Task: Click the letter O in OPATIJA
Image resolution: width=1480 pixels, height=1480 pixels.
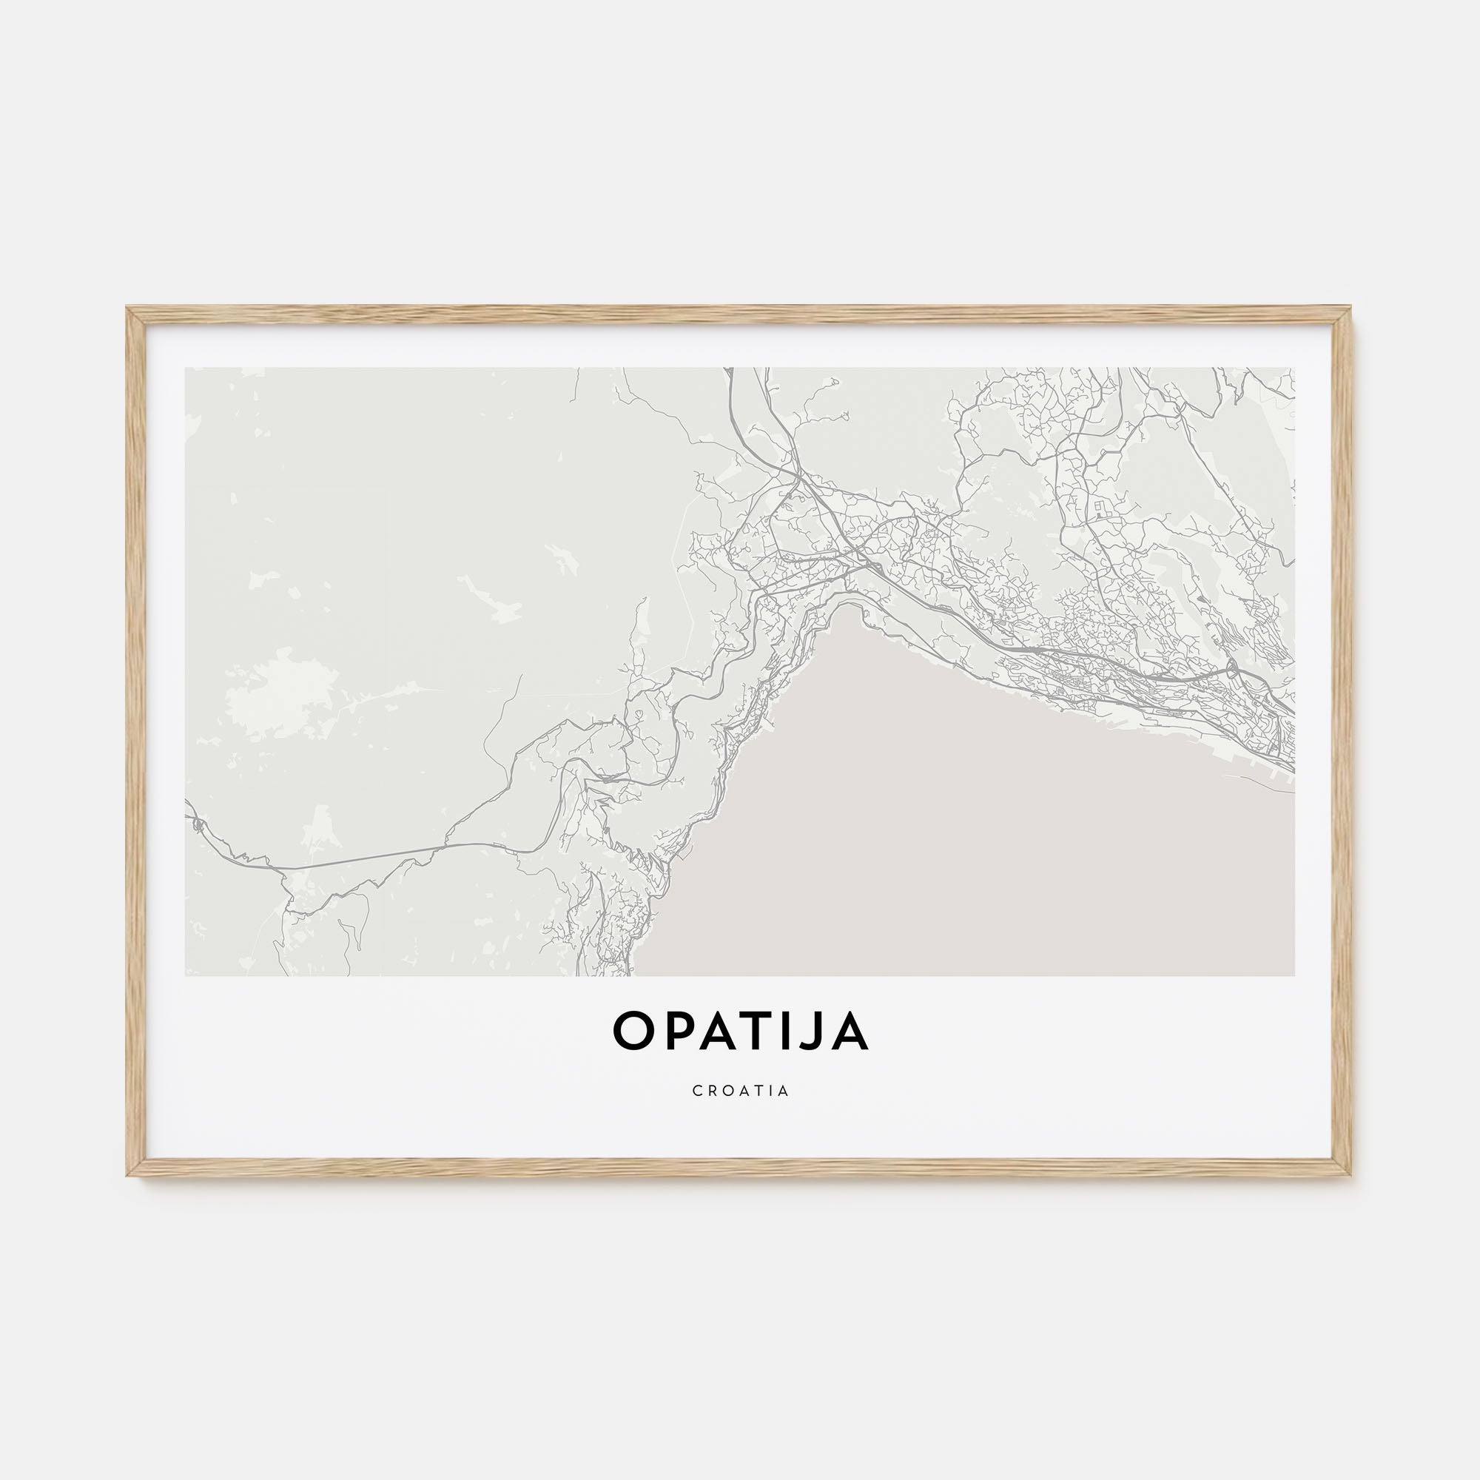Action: pyautogui.click(x=631, y=1030)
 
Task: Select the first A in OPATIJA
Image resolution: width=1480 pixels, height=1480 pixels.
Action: pyautogui.click(x=716, y=1030)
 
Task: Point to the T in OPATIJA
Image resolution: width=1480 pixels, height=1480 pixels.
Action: pyautogui.click(x=758, y=1030)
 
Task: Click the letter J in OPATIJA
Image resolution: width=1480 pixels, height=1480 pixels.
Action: pyautogui.click(x=814, y=1030)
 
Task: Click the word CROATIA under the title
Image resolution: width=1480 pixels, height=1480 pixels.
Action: pyautogui.click(x=740, y=1091)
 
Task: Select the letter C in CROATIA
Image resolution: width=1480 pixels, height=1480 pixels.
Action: pyautogui.click(x=696, y=1091)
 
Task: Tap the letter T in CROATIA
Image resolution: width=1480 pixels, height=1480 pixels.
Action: pyautogui.click(x=758, y=1091)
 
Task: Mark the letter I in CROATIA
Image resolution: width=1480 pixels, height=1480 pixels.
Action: pyautogui.click(x=770, y=1091)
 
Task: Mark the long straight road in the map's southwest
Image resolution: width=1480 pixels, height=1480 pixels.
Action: pyautogui.click(x=360, y=858)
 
